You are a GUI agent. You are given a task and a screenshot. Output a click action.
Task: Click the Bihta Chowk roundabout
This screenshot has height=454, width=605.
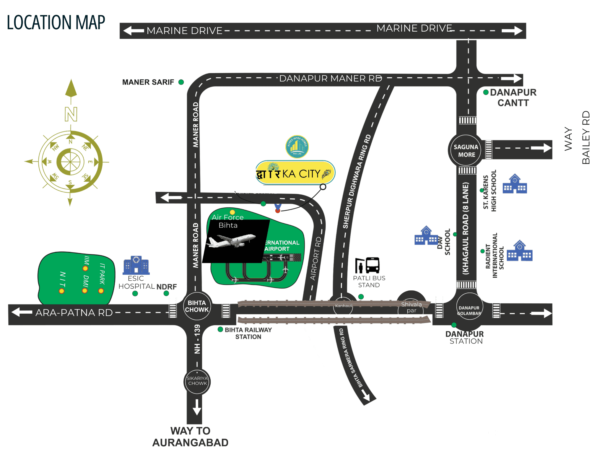[197, 306]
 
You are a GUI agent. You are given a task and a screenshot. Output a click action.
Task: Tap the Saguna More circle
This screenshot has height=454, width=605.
[466, 151]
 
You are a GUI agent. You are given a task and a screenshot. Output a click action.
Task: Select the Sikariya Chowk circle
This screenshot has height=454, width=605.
[197, 381]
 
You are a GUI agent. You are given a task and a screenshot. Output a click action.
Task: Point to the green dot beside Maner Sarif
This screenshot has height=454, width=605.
[181, 82]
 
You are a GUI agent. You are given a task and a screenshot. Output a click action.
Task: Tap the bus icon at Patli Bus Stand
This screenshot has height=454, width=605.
[372, 265]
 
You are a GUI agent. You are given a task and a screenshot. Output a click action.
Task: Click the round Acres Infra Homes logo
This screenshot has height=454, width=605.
[297, 147]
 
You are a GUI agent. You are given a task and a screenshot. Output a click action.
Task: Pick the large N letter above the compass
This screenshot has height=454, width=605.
[71, 114]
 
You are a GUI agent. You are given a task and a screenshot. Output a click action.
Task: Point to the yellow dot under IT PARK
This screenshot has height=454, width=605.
[101, 291]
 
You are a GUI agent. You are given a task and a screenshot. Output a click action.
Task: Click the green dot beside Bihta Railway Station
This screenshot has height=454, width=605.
[220, 329]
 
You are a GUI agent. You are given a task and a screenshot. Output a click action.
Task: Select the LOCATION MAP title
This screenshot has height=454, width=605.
[56, 22]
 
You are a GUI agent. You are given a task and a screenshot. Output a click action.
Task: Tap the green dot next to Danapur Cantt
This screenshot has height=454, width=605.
[486, 92]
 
